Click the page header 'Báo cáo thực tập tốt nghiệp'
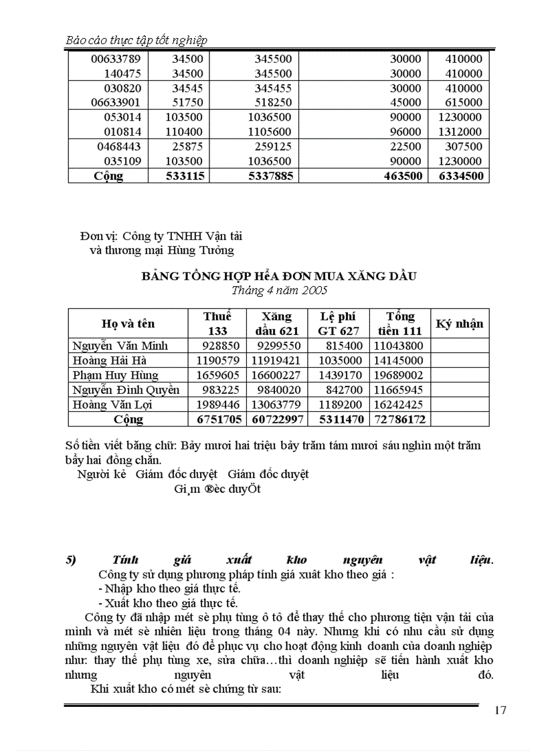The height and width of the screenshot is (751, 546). coord(136,40)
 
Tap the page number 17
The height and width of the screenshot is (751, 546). coord(500,710)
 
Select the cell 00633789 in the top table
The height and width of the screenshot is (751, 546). coord(116,59)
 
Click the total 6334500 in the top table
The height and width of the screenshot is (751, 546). coord(460,176)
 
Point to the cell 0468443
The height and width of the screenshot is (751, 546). coord(118,146)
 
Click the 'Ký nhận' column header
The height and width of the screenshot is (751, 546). coord(459,324)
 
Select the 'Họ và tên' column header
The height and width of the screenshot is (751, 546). coord(128,324)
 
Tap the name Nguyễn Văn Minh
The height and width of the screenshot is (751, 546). coord(120,346)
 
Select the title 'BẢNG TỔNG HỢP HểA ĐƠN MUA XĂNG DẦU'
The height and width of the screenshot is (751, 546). coord(278,276)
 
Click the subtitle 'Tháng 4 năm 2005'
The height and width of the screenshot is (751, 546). coord(278,290)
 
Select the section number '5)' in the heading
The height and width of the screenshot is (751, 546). coord(72,560)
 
